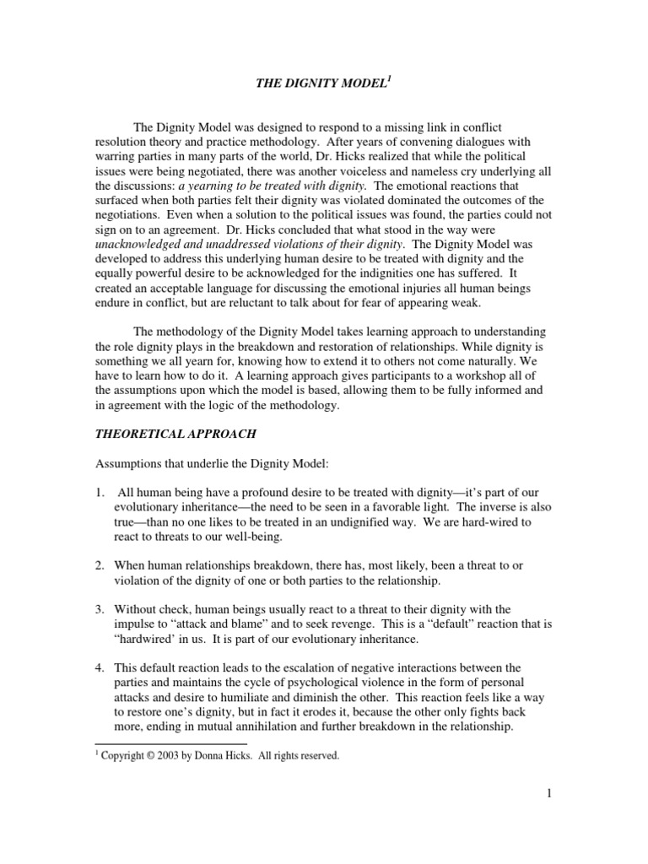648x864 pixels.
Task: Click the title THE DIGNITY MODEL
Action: tap(322, 84)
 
